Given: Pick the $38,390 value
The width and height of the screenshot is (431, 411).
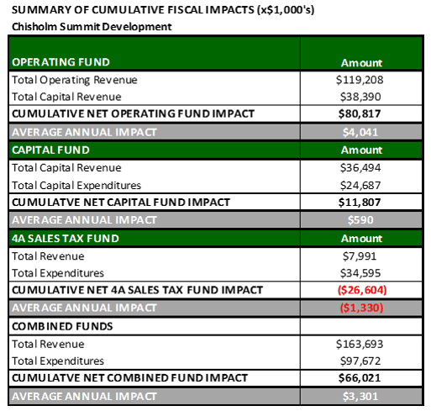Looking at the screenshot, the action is coord(362,97).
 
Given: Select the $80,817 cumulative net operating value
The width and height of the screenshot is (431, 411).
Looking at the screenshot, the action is coord(362,114).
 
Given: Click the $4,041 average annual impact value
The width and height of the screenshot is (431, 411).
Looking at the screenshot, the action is coord(362,131).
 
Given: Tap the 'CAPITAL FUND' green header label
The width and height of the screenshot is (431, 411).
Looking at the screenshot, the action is coord(53,149).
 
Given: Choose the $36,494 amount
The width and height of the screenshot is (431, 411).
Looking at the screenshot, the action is coord(362,168).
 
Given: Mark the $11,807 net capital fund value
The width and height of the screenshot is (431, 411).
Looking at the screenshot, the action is coord(362,202).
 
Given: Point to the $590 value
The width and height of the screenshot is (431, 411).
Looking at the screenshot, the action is coord(362,220).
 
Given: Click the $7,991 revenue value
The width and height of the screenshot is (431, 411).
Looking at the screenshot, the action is coord(362,256).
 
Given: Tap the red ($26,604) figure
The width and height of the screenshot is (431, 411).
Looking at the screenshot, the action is coord(362,290).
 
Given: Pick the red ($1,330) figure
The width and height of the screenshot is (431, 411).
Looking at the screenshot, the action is coord(362,308).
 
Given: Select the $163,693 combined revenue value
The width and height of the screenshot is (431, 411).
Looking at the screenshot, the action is coord(362,344).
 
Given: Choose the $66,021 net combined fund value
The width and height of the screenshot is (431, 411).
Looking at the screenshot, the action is coord(362,377).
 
